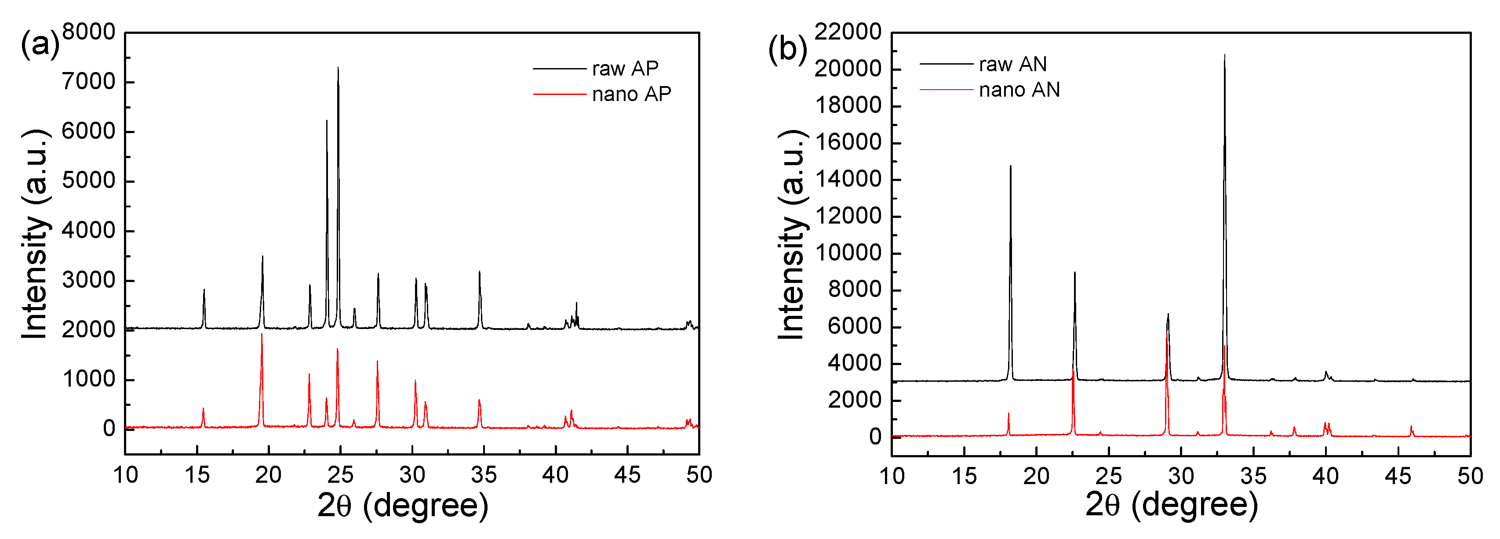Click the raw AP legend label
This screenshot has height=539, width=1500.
click(625, 69)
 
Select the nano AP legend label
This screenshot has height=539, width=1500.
click(631, 94)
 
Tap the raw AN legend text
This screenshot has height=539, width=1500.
click(1012, 64)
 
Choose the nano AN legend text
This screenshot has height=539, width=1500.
click(1019, 90)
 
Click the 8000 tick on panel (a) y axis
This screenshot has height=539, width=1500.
click(88, 32)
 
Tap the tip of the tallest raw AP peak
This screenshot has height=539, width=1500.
click(338, 68)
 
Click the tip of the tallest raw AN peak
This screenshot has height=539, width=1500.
click(1224, 55)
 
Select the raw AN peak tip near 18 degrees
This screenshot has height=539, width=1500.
click(1010, 166)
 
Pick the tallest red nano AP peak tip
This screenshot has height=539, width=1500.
click(262, 335)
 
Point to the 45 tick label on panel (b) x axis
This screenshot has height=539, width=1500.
click(1398, 476)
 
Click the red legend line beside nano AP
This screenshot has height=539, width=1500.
click(559, 94)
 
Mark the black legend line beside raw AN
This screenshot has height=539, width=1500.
click(946, 64)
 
